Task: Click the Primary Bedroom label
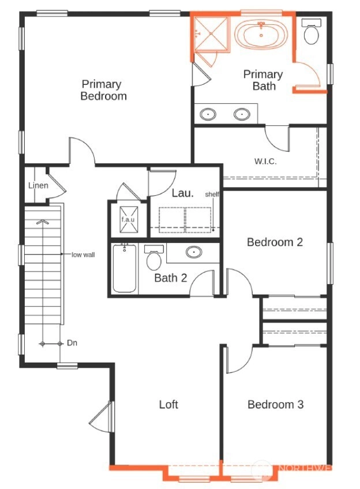[103, 90]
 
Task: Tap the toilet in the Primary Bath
[311, 31]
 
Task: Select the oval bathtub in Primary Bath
[261, 35]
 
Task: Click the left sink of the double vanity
[208, 114]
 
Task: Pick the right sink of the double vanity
[242, 114]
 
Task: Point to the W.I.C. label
[265, 161]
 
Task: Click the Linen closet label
[38, 185]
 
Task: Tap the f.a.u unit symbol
[129, 219]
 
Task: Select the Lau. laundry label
[183, 193]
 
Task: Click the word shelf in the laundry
[212, 195]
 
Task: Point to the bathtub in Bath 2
[125, 268]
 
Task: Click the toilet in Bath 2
[153, 257]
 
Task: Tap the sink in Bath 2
[194, 252]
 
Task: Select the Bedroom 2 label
[275, 242]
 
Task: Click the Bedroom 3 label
[276, 404]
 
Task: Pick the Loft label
[168, 404]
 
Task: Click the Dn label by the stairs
[72, 343]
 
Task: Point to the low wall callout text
[83, 255]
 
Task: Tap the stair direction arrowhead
[42, 222]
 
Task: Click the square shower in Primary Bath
[211, 33]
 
